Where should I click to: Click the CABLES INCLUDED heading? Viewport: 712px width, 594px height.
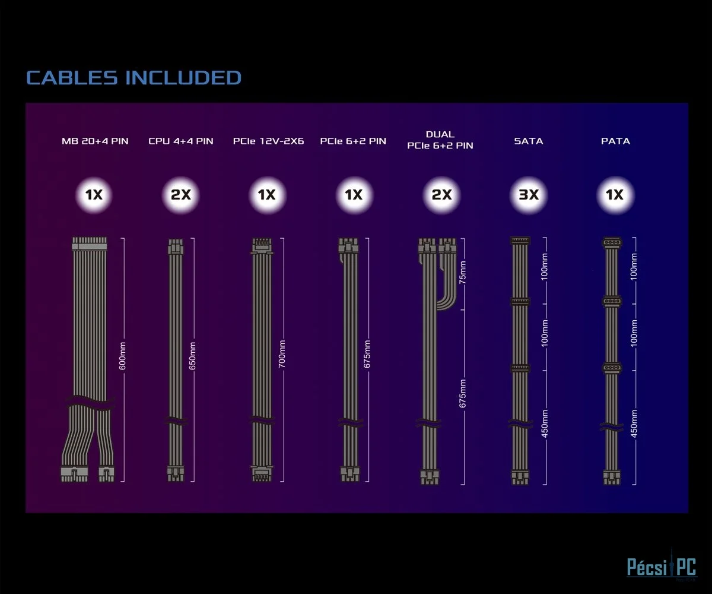coord(133,78)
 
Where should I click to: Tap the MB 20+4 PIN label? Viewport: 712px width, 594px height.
coord(95,141)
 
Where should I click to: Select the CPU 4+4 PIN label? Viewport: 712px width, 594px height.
coord(181,141)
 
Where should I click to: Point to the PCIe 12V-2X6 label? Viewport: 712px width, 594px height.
coord(268,141)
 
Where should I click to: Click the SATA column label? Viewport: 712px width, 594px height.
coord(529,141)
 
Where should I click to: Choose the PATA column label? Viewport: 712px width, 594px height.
coord(615,141)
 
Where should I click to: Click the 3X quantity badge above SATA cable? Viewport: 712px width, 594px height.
coord(529,194)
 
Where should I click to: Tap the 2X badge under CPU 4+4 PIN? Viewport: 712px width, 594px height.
coord(181,194)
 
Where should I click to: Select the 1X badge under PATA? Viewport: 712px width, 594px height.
coord(615,194)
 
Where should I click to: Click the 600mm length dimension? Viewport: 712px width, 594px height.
coord(123,356)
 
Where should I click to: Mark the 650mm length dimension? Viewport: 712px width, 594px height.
coord(192,356)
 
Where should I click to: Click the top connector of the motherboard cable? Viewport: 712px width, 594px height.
coord(89,244)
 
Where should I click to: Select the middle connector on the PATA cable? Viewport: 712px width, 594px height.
coord(612,302)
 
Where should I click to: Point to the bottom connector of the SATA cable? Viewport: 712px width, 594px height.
coord(519,476)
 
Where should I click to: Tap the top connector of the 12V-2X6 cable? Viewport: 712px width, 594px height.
coord(261,245)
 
